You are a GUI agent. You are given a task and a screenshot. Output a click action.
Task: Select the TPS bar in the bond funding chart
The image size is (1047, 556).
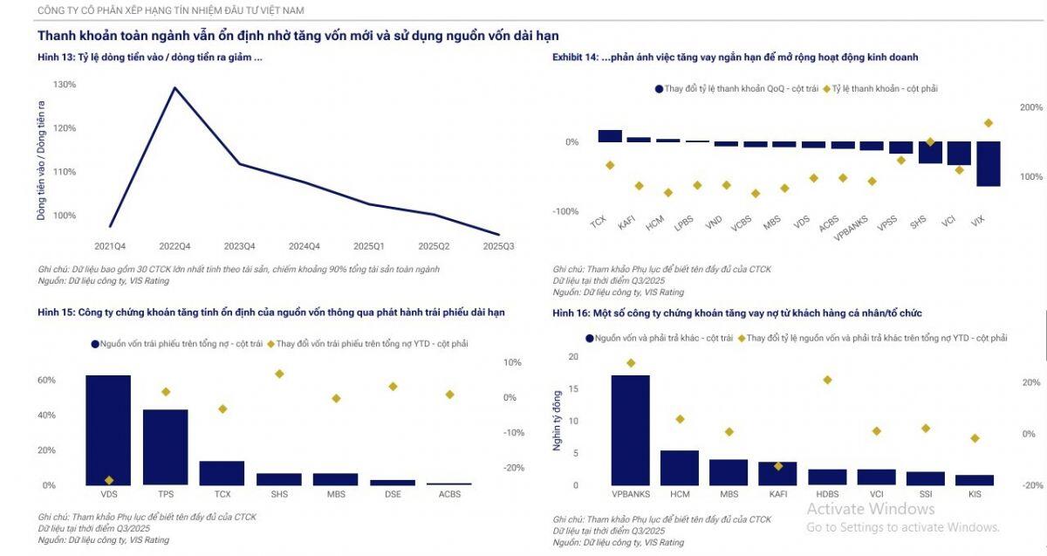tap(165, 447)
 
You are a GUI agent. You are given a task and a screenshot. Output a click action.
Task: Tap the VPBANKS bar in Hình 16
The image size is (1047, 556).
tap(630, 429)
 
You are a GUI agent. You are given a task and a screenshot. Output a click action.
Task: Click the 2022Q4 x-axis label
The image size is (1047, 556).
tap(174, 246)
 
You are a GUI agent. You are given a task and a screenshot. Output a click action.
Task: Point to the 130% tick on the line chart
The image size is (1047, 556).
tap(65, 85)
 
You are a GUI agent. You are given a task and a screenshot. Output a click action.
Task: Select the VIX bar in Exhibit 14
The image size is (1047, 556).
tap(988, 163)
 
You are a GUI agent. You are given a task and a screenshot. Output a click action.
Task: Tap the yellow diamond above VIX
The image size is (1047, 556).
tap(989, 123)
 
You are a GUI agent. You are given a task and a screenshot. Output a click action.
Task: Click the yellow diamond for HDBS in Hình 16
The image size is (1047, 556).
tap(827, 380)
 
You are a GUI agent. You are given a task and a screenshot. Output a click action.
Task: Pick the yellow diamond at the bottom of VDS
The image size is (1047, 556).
tap(109, 480)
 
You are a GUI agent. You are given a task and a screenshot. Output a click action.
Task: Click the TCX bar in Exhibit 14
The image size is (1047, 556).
tap(610, 136)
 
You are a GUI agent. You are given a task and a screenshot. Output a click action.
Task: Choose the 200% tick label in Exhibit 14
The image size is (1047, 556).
tap(1030, 107)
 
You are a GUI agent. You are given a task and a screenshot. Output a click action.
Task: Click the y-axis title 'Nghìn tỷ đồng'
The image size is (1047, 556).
tap(557, 421)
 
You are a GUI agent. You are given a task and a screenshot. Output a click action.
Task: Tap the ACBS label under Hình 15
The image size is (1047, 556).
tap(449, 494)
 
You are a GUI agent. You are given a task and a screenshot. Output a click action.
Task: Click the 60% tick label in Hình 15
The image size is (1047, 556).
tap(46, 381)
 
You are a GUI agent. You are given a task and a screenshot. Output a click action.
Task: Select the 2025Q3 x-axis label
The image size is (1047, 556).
tap(498, 246)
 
